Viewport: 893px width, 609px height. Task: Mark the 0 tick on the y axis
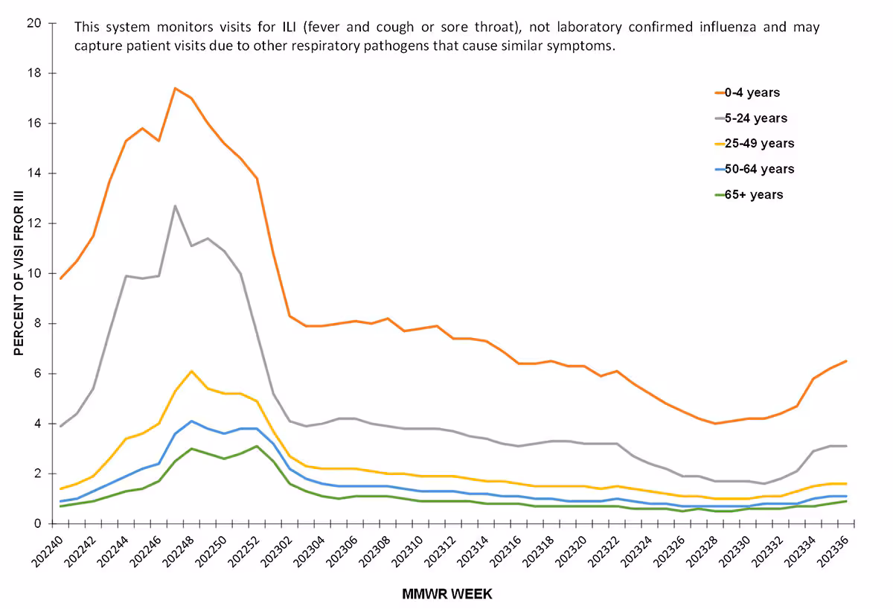36,523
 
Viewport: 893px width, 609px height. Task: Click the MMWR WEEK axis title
446,594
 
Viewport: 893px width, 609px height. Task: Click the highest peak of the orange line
175,89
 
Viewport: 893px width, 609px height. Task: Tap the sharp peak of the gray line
175,205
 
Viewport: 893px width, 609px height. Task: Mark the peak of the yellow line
191,371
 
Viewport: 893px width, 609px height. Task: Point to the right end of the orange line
847,361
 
